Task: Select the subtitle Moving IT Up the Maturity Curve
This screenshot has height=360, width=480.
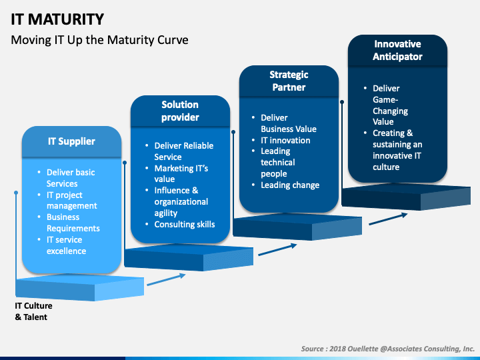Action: click(100, 40)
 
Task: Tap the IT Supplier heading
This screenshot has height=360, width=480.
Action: click(71, 141)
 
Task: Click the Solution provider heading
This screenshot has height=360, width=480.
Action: click(180, 111)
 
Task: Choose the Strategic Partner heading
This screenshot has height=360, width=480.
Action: click(287, 81)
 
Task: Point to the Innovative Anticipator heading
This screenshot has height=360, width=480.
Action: click(397, 50)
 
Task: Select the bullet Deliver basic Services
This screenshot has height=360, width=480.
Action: click(71, 178)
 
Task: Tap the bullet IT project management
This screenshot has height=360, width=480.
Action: click(71, 200)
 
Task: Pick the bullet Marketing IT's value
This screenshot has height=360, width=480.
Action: click(181, 173)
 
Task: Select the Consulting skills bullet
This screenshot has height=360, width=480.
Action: click(185, 224)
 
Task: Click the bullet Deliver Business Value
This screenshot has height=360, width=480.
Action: click(288, 123)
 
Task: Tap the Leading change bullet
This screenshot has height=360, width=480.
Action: click(290, 185)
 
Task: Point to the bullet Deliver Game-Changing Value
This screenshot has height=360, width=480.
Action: click(391, 105)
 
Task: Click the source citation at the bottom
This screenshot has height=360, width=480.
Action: click(387, 348)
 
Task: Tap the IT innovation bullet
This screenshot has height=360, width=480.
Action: click(285, 140)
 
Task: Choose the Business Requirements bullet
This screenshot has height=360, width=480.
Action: click(73, 223)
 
